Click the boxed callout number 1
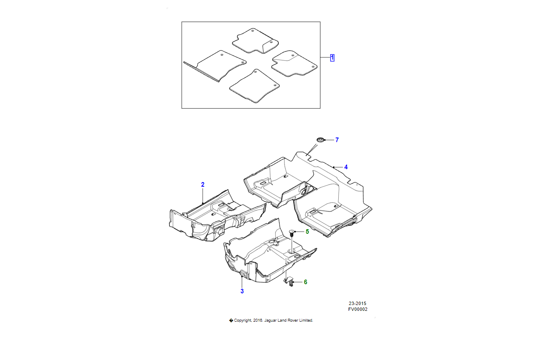(x=332, y=58)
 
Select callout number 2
(x=202, y=185)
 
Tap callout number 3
(x=242, y=291)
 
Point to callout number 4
(x=346, y=167)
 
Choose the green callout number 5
(x=307, y=231)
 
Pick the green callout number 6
(x=305, y=282)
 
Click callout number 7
(x=337, y=140)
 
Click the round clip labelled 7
(x=320, y=140)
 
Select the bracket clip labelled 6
(x=289, y=281)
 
